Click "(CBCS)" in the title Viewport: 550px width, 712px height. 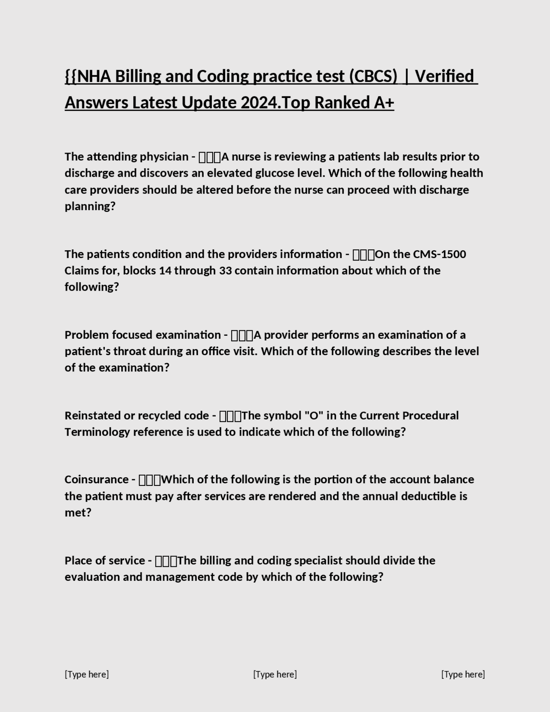click(373, 76)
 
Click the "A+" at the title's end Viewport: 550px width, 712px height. click(384, 103)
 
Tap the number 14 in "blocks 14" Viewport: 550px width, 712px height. click(165, 270)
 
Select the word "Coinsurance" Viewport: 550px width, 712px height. click(97, 479)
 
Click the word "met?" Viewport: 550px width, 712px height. click(78, 513)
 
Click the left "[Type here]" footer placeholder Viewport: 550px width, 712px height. click(87, 674)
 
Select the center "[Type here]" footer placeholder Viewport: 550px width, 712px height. click(275, 674)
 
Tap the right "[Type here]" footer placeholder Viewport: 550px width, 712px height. click(463, 674)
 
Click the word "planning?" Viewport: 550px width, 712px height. click(90, 206)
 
